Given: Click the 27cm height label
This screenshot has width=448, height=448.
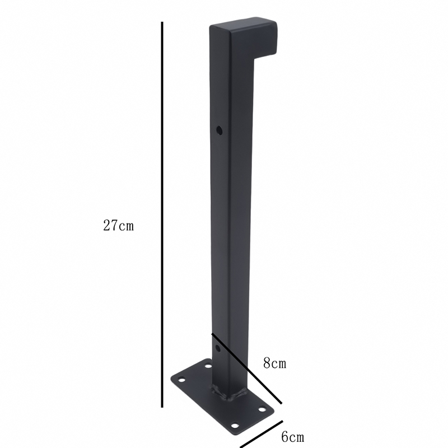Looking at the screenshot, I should pos(118,226).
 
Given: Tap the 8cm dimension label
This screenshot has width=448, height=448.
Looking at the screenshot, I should pos(274,363).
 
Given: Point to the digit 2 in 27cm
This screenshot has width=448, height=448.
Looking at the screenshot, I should pos(106,226).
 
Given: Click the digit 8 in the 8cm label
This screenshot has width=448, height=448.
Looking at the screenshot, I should pos(267,363).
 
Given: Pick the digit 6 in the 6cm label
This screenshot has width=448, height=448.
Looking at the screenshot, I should pos(284,436).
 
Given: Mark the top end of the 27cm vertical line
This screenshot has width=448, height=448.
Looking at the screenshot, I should pos(162,24).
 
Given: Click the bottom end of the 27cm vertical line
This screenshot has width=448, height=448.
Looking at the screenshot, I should pos(162,407).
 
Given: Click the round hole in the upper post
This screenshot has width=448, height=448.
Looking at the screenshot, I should pos(219,130).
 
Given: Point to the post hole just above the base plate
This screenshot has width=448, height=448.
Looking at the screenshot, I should pos(218,348).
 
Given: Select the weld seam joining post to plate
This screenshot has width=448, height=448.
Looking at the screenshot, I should pos(230,395).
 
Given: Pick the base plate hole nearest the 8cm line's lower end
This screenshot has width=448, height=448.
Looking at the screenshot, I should pos(261,409).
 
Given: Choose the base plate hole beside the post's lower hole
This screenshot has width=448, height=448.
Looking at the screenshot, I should pos(208,367).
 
